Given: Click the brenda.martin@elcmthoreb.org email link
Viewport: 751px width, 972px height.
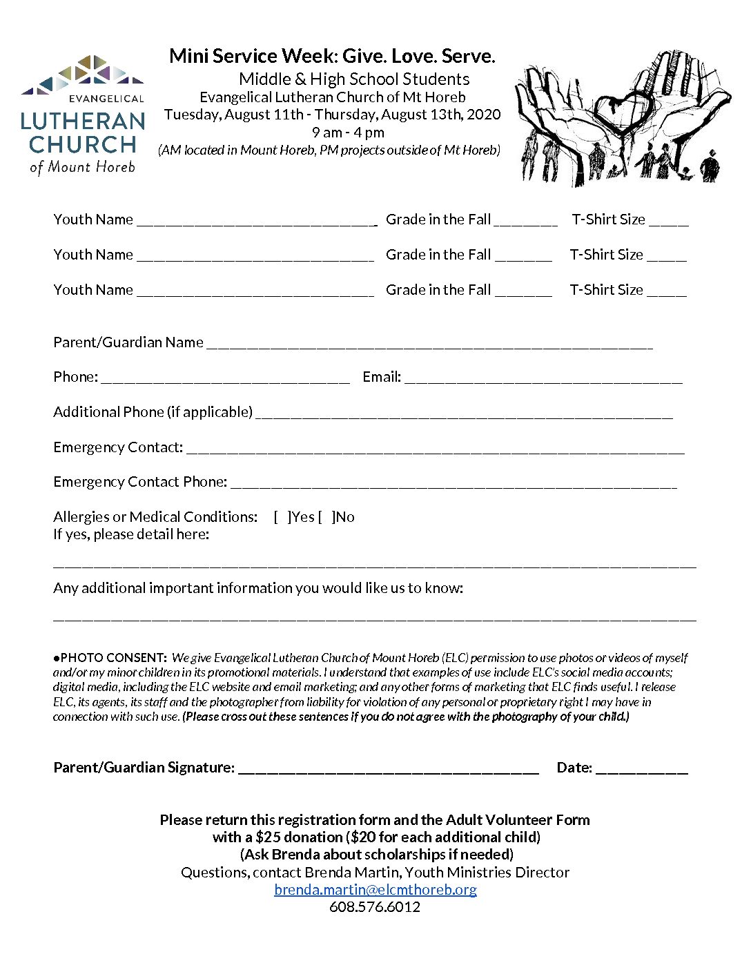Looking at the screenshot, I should coord(375,890).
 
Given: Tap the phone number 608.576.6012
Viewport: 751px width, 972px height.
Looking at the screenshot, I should coord(375,907).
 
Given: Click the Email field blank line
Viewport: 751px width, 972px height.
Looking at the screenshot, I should coord(543,380).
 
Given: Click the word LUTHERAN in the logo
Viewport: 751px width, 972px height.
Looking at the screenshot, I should coord(83,121).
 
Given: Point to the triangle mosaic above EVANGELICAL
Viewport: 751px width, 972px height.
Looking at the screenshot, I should coord(83,75).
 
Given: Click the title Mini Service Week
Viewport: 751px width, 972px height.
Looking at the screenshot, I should coord(251,57).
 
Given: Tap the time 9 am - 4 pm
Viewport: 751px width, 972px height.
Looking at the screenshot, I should coord(348,133).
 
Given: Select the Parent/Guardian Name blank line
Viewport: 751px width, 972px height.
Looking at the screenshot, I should coord(429,345).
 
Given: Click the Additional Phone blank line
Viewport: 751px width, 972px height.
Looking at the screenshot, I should coord(463,415).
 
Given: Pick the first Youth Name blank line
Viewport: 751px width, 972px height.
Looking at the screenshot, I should coord(255,222).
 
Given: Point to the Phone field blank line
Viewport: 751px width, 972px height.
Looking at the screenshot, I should coord(225,380).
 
